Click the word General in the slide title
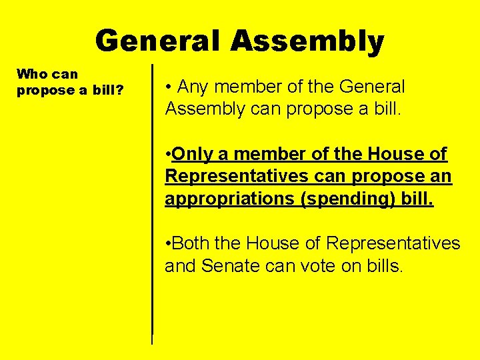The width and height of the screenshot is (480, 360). click(x=158, y=41)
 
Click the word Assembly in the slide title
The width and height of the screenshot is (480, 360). click(x=307, y=41)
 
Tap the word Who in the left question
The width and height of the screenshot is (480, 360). click(x=31, y=74)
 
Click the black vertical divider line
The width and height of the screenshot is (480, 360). click(x=153, y=200)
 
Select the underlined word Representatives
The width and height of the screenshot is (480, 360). click(x=235, y=177)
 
